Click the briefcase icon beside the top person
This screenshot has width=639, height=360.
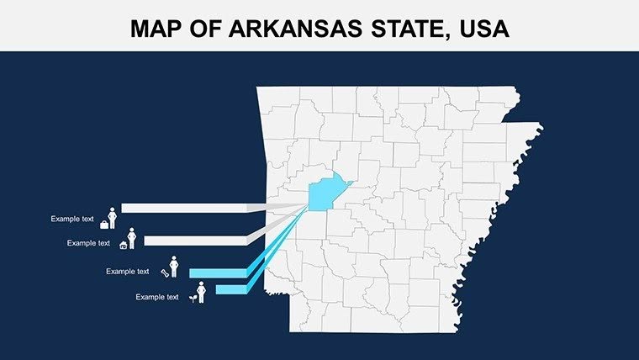click(x=104, y=225)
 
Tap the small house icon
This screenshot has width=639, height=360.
click(x=124, y=246)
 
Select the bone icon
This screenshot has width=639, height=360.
click(x=164, y=272)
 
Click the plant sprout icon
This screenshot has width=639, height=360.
click(x=193, y=298)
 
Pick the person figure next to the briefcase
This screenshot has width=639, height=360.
click(x=112, y=218)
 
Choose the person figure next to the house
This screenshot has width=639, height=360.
click(x=131, y=239)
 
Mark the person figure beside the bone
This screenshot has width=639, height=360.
click(x=174, y=267)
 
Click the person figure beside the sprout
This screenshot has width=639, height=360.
click(x=201, y=293)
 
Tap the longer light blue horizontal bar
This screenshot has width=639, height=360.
click(x=217, y=273)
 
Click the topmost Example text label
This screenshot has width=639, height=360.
click(x=72, y=220)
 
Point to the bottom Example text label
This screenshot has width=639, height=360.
click(x=157, y=297)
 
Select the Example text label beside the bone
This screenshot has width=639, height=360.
click(x=128, y=272)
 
